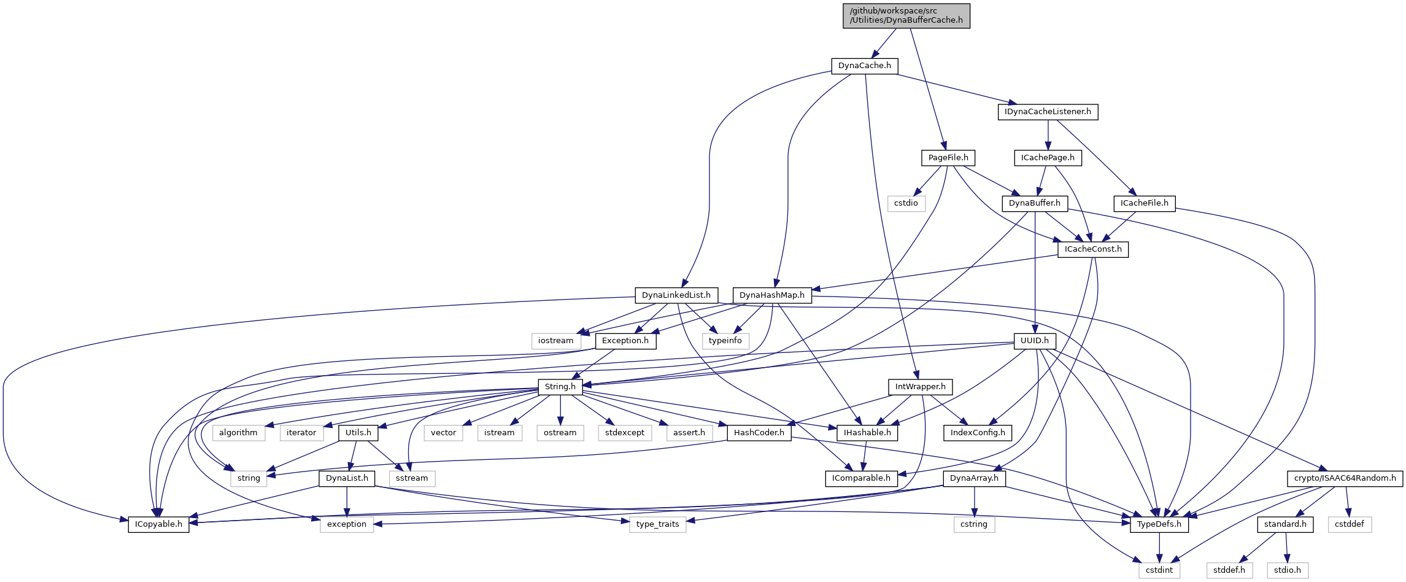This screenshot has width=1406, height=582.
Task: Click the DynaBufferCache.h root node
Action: click(x=906, y=15)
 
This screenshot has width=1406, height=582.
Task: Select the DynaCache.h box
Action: click(x=864, y=66)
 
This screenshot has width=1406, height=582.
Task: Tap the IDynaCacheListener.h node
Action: click(x=1048, y=112)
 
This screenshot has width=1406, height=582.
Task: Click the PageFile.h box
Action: click(x=948, y=158)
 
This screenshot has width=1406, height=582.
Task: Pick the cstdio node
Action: click(x=906, y=203)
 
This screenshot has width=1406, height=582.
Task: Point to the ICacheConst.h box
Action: click(x=1093, y=249)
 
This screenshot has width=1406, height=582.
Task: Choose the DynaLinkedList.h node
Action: click(x=676, y=295)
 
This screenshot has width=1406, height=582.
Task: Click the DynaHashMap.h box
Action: click(x=771, y=295)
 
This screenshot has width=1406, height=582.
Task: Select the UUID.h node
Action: click(x=1035, y=341)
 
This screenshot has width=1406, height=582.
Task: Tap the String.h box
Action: click(x=560, y=387)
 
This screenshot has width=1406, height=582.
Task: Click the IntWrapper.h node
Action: click(x=921, y=387)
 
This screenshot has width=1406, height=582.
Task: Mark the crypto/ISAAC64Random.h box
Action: click(x=1345, y=478)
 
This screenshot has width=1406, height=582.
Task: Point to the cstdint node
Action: click(x=1159, y=570)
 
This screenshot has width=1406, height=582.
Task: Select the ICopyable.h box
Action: click(x=158, y=524)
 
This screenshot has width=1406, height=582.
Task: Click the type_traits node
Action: click(x=657, y=524)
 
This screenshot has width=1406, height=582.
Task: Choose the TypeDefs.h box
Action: click(x=1159, y=524)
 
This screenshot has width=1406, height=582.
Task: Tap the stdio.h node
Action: click(x=1287, y=570)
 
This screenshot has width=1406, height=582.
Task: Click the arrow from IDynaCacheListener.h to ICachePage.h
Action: click(x=1048, y=134)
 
